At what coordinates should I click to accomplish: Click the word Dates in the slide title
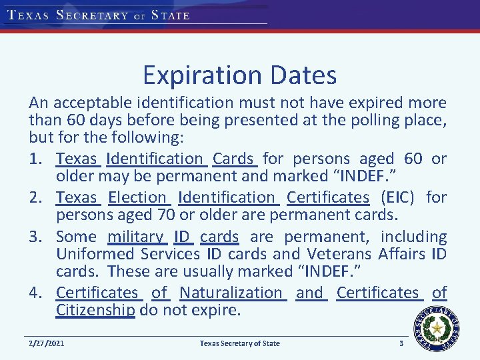[x=304, y=75]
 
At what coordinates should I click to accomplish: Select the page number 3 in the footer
[x=401, y=343]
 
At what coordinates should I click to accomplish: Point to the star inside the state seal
[x=437, y=328]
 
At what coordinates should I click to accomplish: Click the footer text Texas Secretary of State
[x=240, y=343]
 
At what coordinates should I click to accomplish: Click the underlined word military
[x=135, y=237]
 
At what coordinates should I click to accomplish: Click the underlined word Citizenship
[x=95, y=310]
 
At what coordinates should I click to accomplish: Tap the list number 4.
[x=36, y=293]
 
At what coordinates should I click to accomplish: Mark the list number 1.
[x=36, y=159]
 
